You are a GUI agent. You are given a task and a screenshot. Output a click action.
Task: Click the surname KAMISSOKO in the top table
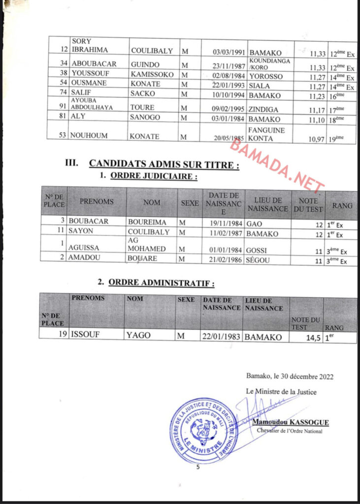(153, 75)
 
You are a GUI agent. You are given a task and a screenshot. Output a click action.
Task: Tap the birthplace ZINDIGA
(263, 108)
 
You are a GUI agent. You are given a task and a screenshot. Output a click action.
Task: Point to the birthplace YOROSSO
(265, 75)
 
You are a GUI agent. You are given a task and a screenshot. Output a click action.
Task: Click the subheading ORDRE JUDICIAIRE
(154, 177)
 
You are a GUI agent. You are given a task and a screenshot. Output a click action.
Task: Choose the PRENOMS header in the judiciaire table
(97, 202)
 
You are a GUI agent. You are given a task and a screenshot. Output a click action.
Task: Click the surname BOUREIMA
(147, 222)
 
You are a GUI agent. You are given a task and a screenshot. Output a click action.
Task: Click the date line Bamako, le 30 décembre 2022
(290, 377)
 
